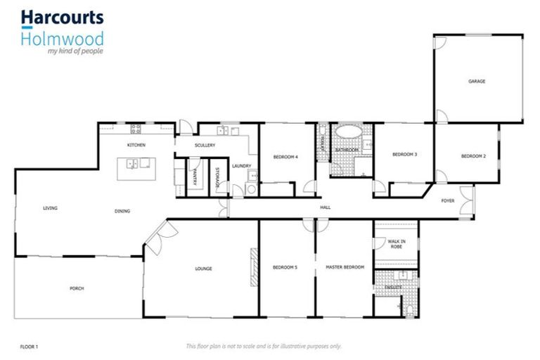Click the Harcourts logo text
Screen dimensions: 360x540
(x=62, y=17)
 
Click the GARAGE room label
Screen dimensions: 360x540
(x=477, y=82)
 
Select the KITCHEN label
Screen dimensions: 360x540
(x=136, y=145)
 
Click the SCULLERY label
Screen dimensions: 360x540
(x=205, y=146)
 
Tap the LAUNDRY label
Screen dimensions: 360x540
(x=242, y=166)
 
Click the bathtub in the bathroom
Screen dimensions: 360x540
(x=346, y=132)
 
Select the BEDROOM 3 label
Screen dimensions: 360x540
(x=404, y=154)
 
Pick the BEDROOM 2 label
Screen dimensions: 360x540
(x=473, y=155)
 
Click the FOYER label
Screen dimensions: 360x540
(x=448, y=201)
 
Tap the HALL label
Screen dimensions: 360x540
(x=325, y=207)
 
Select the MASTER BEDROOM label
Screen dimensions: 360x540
(x=345, y=267)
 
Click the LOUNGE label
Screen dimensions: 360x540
(x=203, y=269)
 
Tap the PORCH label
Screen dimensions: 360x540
(x=76, y=288)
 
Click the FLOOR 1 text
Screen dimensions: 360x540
(x=29, y=346)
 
